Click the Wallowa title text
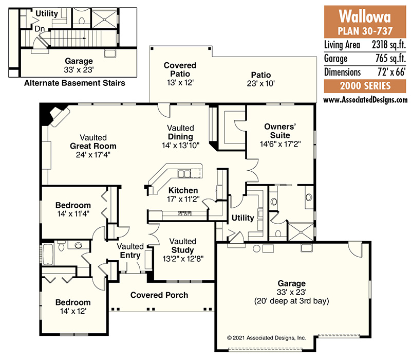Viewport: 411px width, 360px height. [365, 16]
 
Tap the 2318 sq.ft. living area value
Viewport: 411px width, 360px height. [388, 45]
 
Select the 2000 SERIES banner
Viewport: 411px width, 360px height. [365, 86]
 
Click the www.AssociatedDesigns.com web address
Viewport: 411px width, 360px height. [365, 100]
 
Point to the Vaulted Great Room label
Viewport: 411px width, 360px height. [93, 142]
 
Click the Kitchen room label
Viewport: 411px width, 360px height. [183, 190]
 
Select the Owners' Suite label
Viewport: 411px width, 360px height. [280, 131]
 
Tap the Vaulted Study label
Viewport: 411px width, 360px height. [182, 246]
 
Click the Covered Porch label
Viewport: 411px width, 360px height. [159, 295]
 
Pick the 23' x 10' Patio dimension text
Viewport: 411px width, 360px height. [260, 83]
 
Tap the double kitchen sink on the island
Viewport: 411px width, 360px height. [184, 173]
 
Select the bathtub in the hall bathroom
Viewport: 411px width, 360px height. [48, 255]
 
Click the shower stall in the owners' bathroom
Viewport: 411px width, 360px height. [301, 232]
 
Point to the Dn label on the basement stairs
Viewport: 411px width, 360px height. [40, 29]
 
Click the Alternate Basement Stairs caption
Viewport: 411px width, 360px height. [74, 83]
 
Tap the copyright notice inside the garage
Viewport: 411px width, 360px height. [266, 338]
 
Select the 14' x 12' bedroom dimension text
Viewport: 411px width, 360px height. [73, 311]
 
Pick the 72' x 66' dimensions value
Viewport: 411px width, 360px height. [391, 72]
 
